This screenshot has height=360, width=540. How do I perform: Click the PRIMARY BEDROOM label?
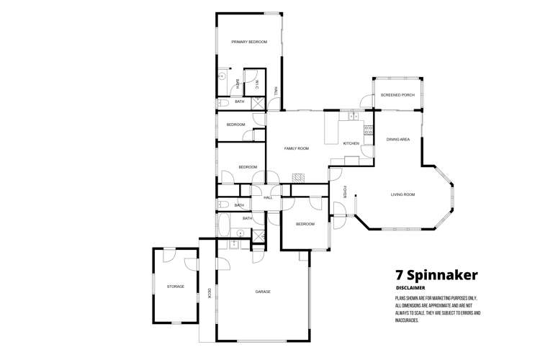click(249, 42)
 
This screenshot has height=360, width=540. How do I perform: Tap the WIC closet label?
click(256, 85)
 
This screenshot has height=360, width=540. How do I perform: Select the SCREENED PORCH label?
click(397, 95)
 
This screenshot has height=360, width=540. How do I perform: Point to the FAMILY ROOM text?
click(296, 148)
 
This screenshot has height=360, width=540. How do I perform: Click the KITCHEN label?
click(351, 143)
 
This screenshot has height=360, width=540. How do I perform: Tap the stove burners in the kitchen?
click(368, 130)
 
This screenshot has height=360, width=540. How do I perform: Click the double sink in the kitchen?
click(352, 115)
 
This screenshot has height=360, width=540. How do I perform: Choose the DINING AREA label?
click(398, 139)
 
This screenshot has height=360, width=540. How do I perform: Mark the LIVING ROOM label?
click(402, 194)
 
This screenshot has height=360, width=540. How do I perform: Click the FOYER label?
click(345, 192)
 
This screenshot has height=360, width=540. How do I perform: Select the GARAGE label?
click(263, 292)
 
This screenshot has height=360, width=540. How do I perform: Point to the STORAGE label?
click(176, 287)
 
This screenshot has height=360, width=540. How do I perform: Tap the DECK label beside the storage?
click(209, 292)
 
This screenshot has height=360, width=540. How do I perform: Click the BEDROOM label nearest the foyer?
click(305, 224)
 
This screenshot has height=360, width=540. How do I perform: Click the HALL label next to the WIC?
click(275, 90)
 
